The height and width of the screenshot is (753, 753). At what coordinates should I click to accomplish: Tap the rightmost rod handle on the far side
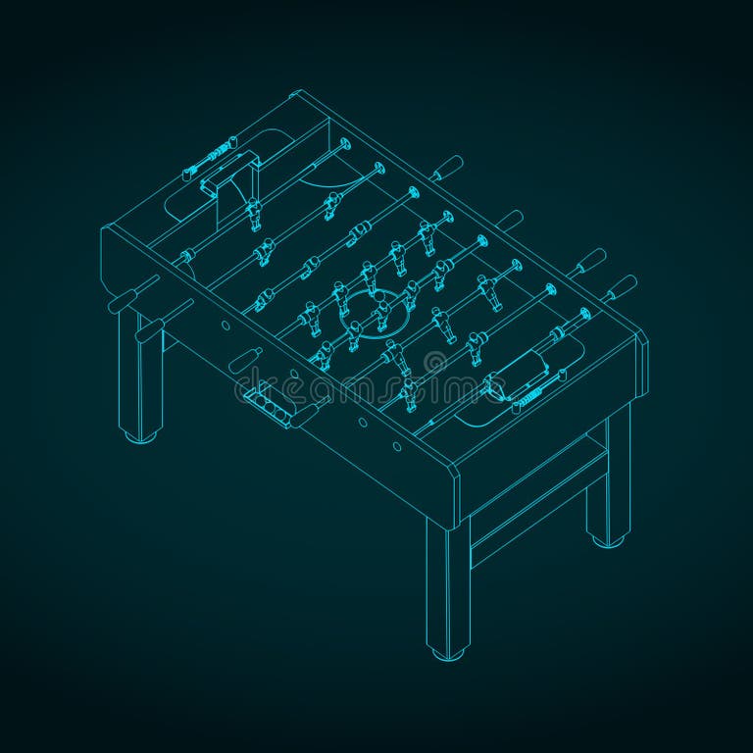pos(621,287)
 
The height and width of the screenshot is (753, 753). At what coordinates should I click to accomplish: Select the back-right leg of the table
pos(608,480)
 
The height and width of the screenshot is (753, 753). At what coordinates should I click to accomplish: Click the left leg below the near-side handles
pos(142,377)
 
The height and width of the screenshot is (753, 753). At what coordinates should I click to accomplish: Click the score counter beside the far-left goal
pos(211,157)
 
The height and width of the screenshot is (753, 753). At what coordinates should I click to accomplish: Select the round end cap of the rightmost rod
pos(586,314)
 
